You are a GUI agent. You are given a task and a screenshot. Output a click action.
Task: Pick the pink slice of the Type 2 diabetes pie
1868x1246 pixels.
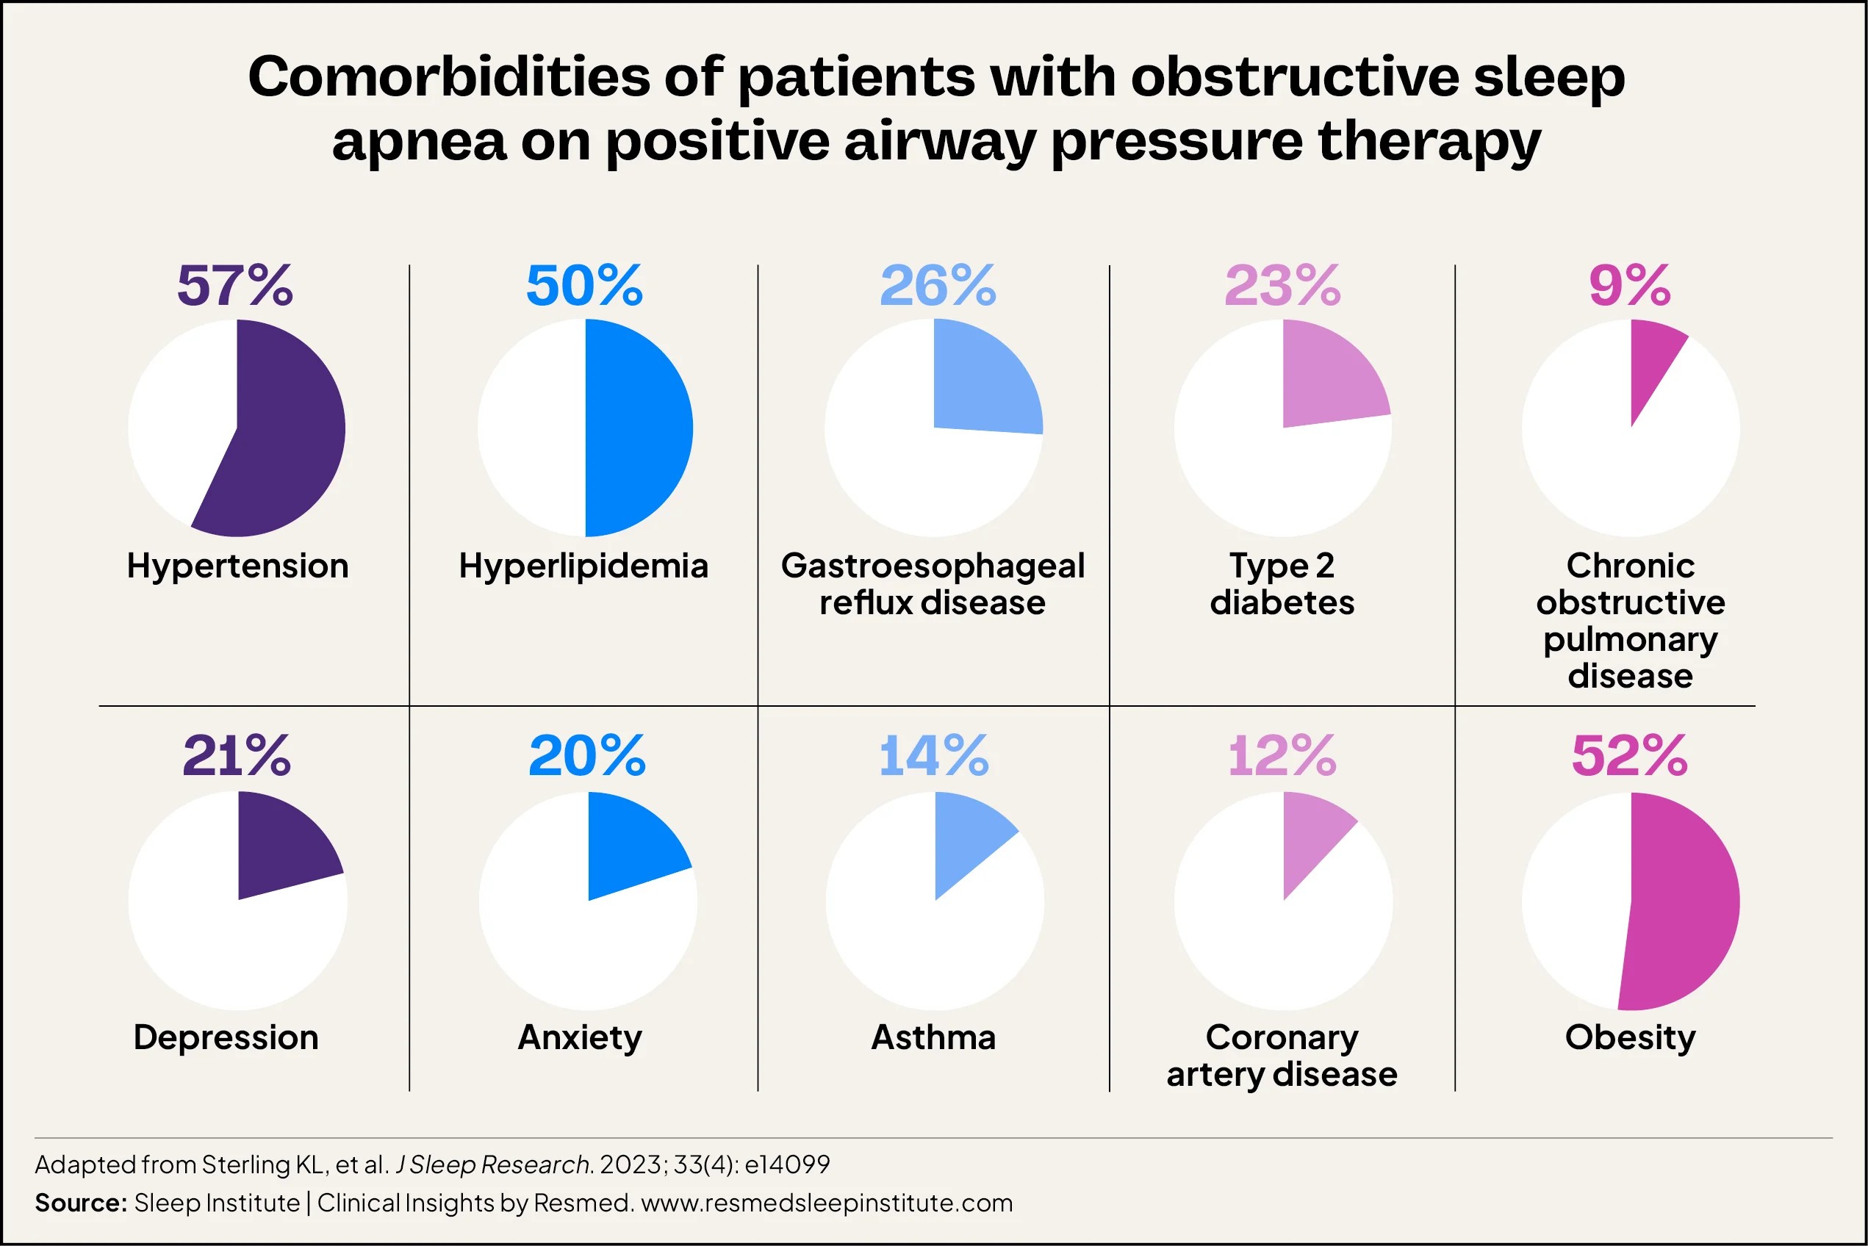1327,378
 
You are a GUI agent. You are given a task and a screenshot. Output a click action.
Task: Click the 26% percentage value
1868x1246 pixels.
937,286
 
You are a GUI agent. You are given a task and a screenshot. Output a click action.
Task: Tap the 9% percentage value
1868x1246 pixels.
1629,286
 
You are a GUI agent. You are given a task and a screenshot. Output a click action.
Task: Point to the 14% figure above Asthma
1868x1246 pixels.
934,756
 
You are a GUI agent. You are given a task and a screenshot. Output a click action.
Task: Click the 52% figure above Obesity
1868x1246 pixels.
1629,756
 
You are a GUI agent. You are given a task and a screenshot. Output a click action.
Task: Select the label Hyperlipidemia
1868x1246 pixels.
583,566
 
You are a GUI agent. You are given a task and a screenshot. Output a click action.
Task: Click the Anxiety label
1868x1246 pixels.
581,1038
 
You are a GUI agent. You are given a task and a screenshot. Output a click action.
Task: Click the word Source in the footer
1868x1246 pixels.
80,1203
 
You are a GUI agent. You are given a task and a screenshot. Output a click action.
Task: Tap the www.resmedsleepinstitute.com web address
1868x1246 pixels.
827,1203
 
